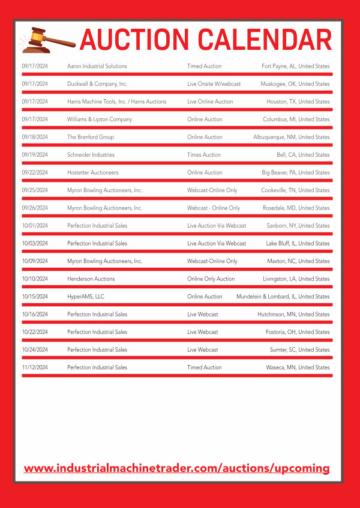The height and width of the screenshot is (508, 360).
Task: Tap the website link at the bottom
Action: tap(177, 468)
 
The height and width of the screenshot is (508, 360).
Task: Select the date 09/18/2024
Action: tap(35, 137)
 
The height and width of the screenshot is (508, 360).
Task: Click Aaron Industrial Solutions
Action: tap(97, 66)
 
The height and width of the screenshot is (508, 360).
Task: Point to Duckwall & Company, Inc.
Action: tap(97, 84)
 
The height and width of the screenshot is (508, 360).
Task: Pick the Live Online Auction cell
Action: tap(210, 101)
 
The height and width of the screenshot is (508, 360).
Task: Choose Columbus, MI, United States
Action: tap(296, 119)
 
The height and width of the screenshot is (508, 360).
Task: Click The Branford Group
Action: tap(91, 137)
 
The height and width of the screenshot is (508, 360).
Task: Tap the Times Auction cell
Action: tap(204, 155)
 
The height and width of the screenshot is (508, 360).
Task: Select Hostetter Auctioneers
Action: tap(93, 172)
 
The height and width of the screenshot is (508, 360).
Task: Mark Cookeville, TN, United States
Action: tap(295, 190)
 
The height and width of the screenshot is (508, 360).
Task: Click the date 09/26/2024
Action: tap(35, 208)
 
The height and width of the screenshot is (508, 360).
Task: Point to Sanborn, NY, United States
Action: tap(298, 226)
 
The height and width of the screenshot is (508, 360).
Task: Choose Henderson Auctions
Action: tap(91, 279)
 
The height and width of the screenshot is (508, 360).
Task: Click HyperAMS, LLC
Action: tap(86, 297)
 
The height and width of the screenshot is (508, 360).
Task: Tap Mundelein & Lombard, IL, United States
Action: tap(283, 297)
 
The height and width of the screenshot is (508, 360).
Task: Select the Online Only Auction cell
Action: tap(211, 279)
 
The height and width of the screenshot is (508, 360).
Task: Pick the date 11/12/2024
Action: tap(35, 367)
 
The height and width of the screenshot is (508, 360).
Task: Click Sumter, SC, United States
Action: tap(299, 349)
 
